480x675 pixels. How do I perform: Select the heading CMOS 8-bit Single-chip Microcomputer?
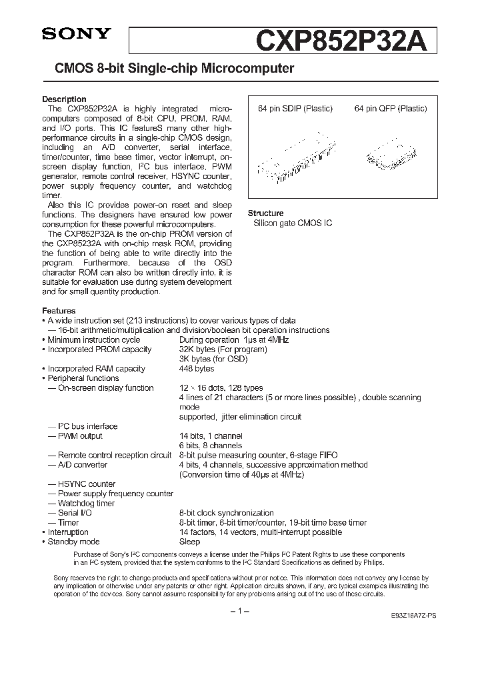[169, 69]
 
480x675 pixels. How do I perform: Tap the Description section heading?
[64, 99]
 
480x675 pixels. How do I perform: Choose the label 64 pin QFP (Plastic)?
[391, 109]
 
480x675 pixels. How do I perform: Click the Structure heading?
[265, 213]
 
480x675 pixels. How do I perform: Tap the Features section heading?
[59, 311]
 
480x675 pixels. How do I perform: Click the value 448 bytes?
[197, 369]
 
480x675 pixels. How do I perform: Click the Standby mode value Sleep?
[189, 542]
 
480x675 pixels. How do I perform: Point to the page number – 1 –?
[239, 612]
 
